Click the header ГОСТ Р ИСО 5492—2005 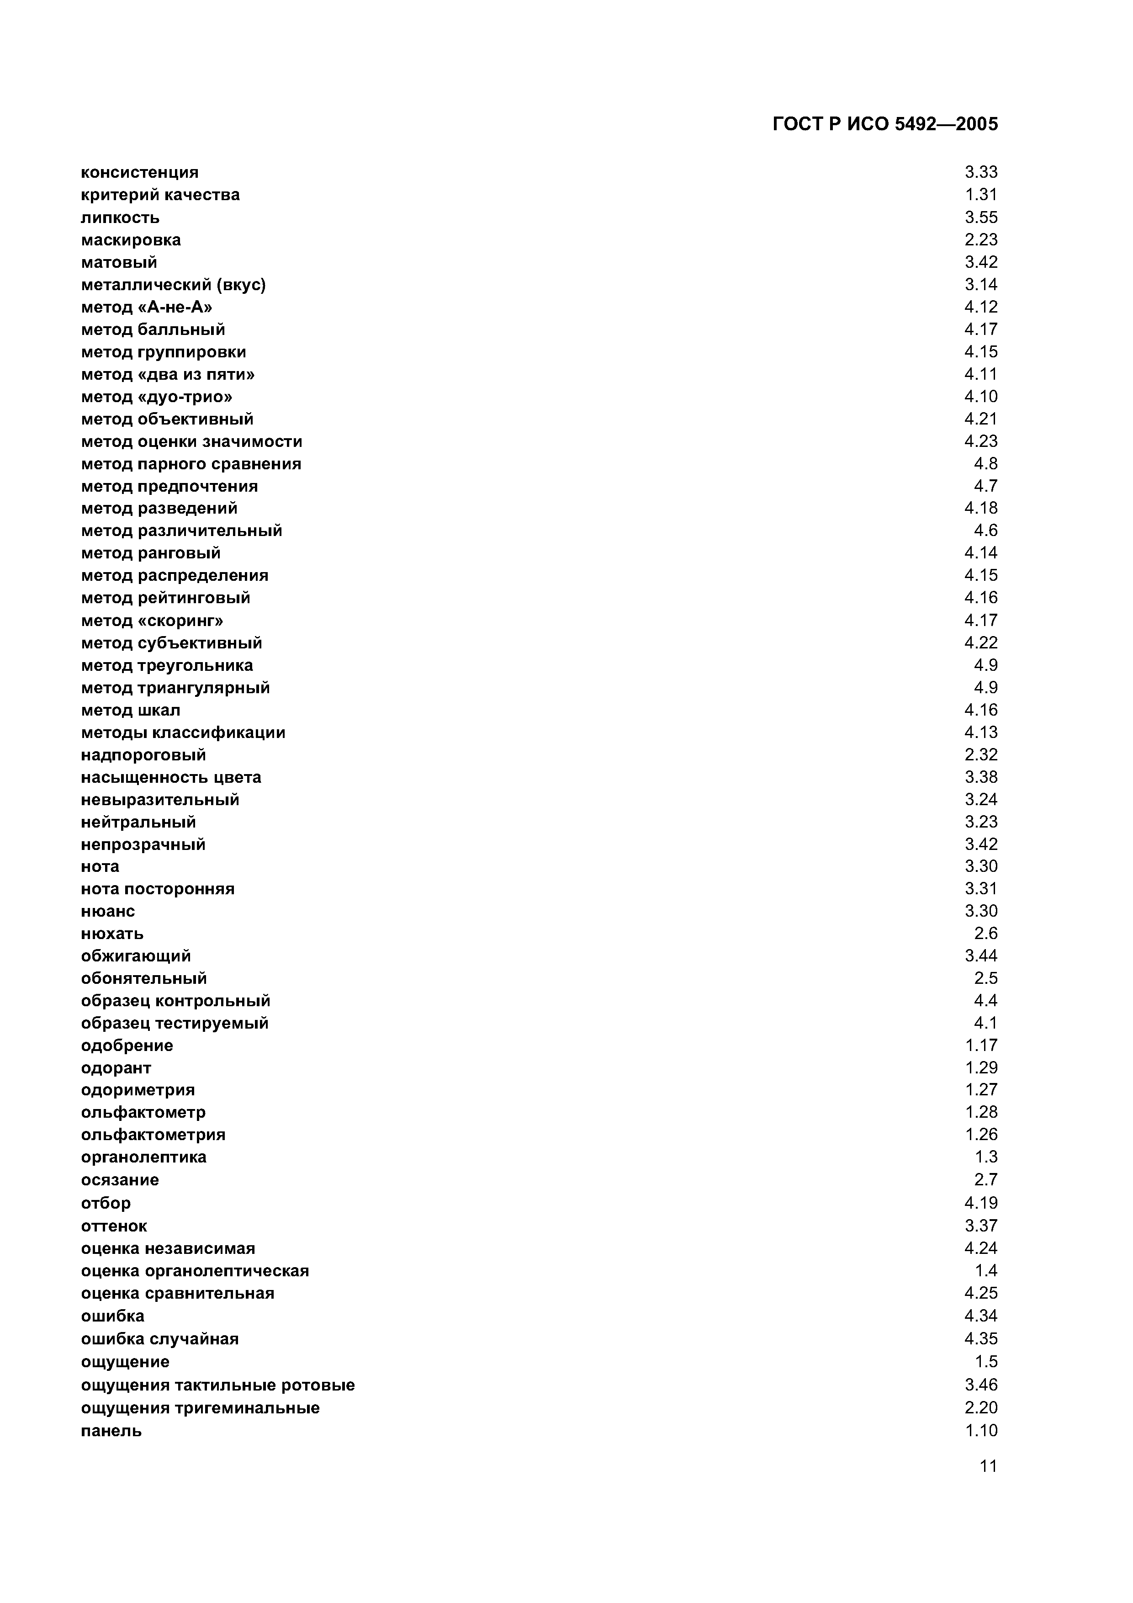tap(885, 124)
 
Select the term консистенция tap(140, 172)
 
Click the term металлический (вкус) tap(173, 285)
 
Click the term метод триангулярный tap(175, 688)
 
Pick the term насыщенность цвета tap(171, 778)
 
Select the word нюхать tap(112, 934)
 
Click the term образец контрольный tap(175, 1001)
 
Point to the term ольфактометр tap(143, 1112)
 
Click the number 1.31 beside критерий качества tap(981, 195)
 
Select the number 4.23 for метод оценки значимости tap(981, 441)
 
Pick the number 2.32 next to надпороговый tap(981, 755)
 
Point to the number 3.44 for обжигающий tap(981, 956)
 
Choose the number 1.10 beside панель tap(981, 1431)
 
